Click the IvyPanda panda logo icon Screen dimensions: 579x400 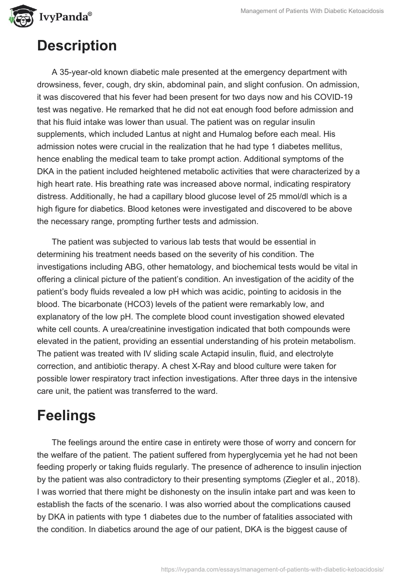point(19,17)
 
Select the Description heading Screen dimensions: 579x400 point(76,46)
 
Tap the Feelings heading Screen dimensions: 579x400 point(66,416)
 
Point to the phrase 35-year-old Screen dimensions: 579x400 point(82,72)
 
